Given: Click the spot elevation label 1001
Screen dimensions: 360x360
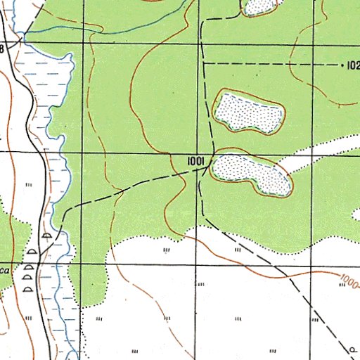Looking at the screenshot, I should (x=195, y=162).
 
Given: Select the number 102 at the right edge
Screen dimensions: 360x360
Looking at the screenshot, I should (x=352, y=65).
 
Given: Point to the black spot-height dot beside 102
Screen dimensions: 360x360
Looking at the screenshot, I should (x=342, y=65).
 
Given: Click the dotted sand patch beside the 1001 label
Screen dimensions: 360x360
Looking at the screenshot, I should (x=252, y=174).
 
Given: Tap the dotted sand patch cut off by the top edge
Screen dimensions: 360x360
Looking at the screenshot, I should (x=262, y=6).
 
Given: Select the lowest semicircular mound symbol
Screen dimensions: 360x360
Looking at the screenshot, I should (x=28, y=288).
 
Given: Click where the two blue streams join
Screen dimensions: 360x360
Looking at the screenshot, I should (x=25, y=32).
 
